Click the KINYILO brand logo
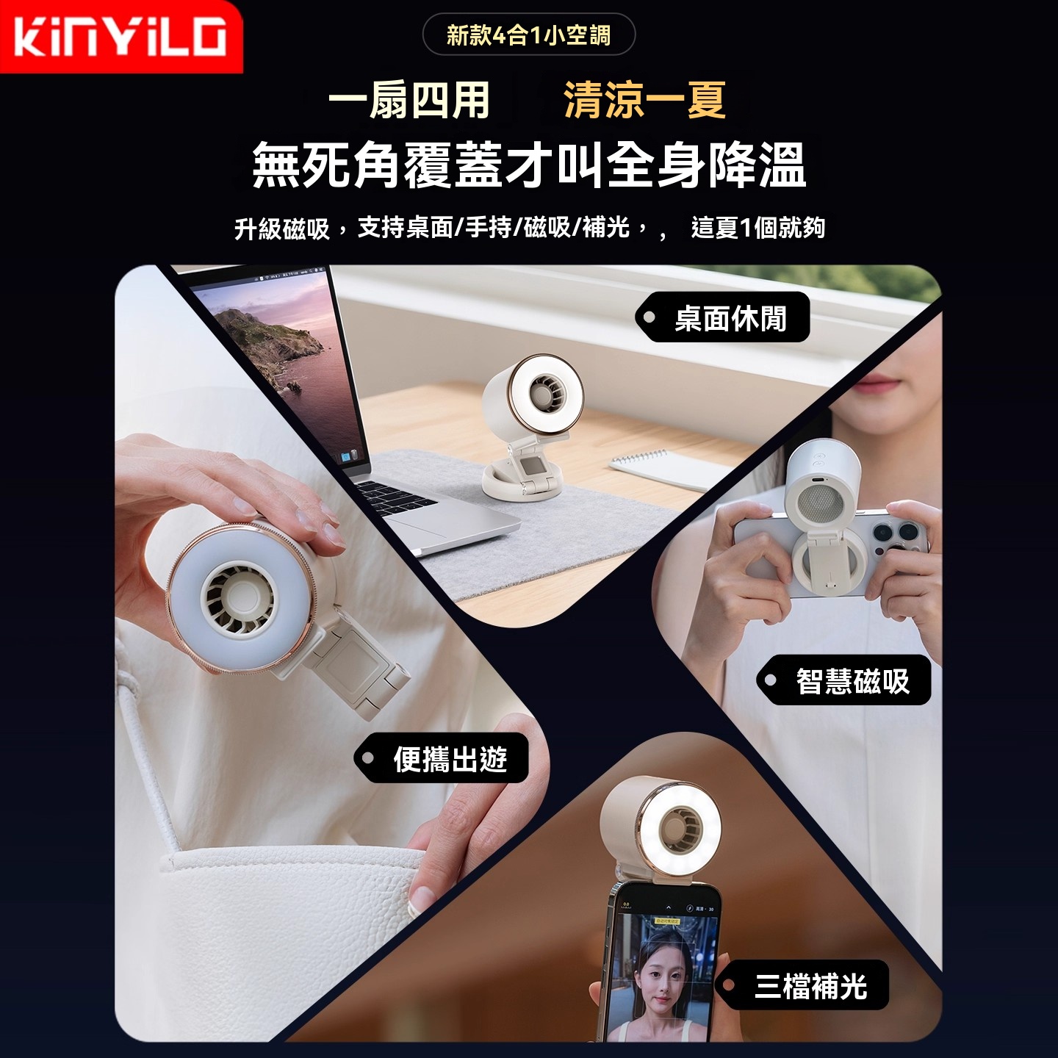coord(120,36)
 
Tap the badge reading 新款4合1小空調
coord(529,35)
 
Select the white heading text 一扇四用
coord(409,101)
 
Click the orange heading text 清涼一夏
coord(645,101)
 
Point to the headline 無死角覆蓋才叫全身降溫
coord(529,165)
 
